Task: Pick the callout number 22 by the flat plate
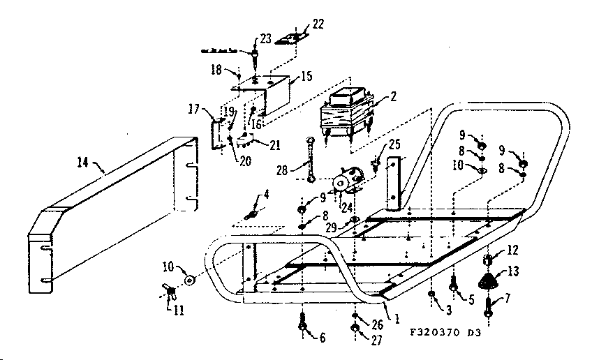[x=318, y=24]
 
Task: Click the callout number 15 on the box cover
[x=306, y=76]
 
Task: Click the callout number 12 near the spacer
[x=512, y=250]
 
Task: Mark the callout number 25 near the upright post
[x=396, y=144]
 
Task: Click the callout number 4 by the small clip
[x=265, y=194]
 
